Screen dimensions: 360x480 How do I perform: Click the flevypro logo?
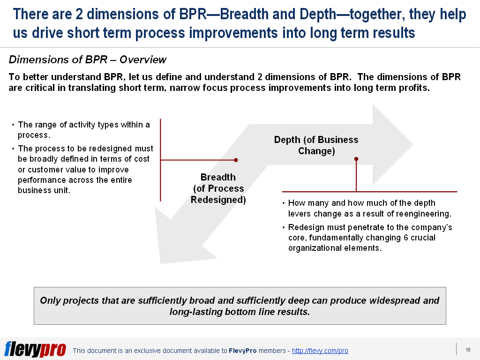[35, 349]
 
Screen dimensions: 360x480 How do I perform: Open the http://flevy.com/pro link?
[320, 351]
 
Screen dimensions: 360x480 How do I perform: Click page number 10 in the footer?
[468, 350]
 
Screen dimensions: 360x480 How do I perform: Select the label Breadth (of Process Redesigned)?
[218, 188]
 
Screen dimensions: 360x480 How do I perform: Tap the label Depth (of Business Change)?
[316, 145]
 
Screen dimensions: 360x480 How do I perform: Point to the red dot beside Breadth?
[236, 160]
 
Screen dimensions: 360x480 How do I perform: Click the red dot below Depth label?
[356, 159]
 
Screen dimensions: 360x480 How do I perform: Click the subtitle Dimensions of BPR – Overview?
[88, 60]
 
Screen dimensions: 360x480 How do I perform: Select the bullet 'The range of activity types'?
[83, 130]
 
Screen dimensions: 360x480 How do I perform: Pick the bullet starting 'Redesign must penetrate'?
[369, 238]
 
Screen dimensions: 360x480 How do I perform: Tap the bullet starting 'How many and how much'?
[369, 209]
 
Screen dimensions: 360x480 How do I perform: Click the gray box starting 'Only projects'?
[240, 306]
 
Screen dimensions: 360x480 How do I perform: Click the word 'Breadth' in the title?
[244, 15]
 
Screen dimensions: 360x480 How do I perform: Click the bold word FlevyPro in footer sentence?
[242, 351]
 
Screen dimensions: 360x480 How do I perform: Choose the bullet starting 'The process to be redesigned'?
[85, 169]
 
